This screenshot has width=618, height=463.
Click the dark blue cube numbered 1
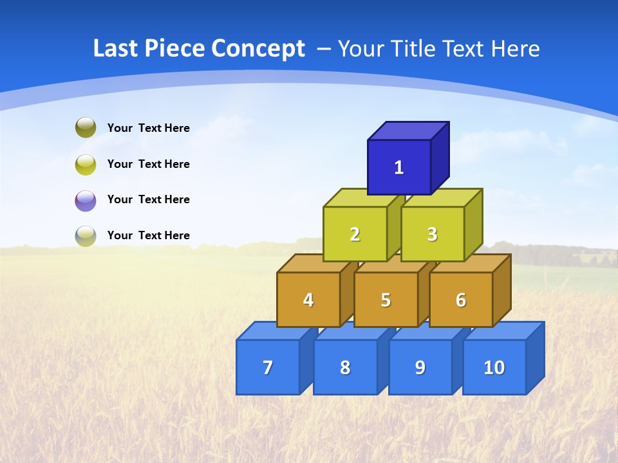click(x=399, y=167)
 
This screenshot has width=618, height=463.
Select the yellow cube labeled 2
click(x=355, y=234)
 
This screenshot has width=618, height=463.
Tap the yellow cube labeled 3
click(x=432, y=234)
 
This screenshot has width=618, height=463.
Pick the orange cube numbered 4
click(x=308, y=300)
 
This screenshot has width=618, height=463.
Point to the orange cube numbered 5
click(x=386, y=300)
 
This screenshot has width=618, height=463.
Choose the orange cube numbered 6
click(x=461, y=300)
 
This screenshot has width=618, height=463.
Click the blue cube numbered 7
click(x=268, y=367)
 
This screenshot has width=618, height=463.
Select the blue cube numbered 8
click(x=345, y=367)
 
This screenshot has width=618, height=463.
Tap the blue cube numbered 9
click(x=420, y=367)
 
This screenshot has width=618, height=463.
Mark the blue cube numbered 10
click(x=494, y=367)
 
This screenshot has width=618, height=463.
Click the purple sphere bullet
click(x=86, y=201)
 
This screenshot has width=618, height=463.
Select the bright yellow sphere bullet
click(x=86, y=165)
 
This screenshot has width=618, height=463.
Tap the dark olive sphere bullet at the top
click(x=86, y=128)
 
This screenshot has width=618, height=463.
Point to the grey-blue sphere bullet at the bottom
click(x=86, y=236)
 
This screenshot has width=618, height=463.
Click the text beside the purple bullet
click(x=148, y=199)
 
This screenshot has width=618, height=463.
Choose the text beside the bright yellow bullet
click(x=148, y=164)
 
